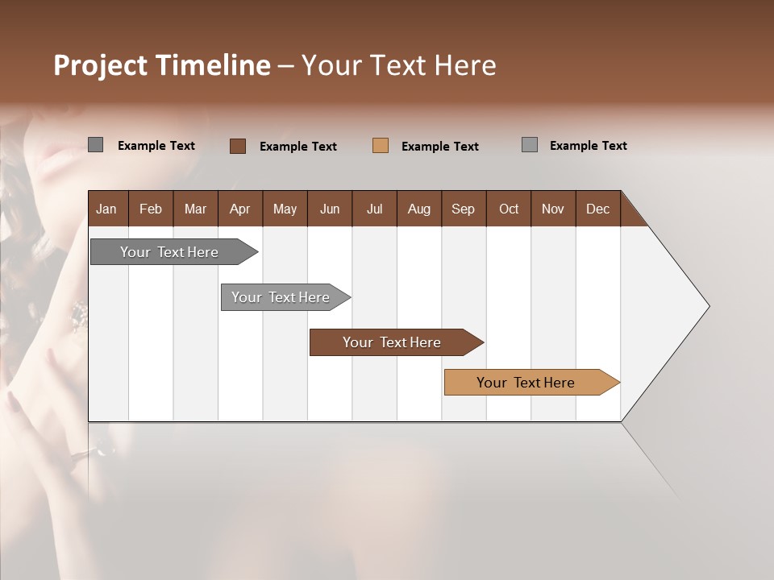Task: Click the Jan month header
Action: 106,209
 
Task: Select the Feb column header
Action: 151,209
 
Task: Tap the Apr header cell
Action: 239,209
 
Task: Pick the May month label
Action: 285,209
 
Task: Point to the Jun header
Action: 330,209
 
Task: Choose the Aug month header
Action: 418,209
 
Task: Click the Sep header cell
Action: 463,209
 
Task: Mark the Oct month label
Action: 509,209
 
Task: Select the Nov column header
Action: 553,209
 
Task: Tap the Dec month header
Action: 597,209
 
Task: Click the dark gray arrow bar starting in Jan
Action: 169,252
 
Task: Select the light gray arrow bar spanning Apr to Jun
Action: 281,297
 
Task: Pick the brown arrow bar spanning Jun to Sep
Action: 392,342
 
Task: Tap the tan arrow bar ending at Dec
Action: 526,383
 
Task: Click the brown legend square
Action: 238,146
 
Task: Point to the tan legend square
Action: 381,146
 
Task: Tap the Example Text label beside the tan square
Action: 440,147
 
